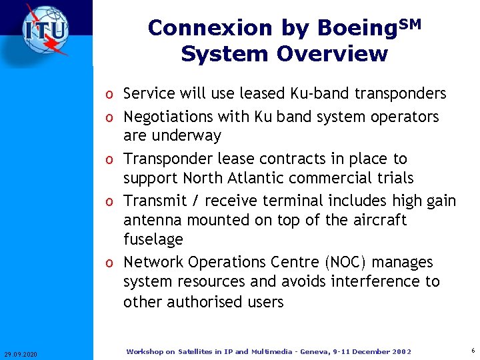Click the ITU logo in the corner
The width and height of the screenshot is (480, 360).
pos(45,30)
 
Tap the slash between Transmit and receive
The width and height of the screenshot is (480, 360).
pos(195,201)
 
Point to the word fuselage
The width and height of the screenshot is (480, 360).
pos(153,239)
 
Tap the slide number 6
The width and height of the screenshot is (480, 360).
pos(472,351)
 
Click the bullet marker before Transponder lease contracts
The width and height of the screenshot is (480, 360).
pos(113,160)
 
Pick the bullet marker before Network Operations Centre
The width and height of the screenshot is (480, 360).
pos(113,263)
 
